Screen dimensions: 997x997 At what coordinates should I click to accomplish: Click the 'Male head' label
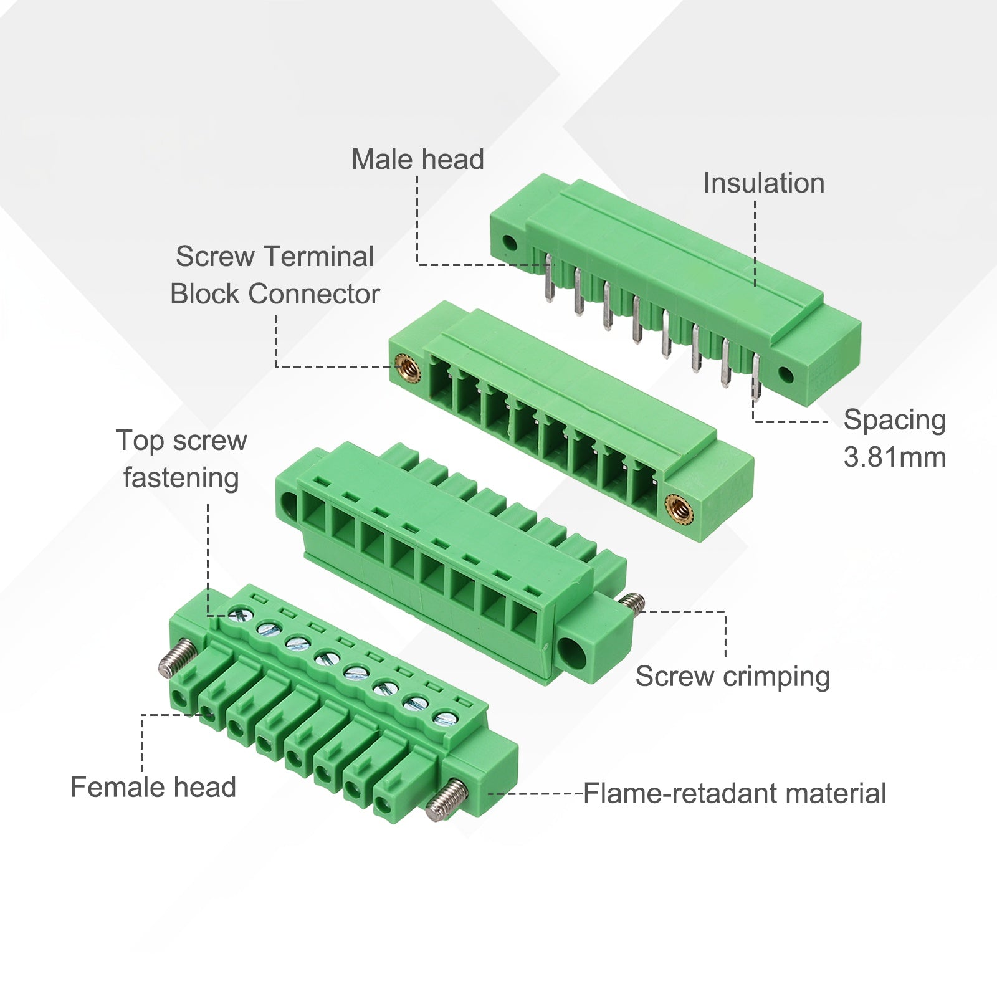(x=417, y=159)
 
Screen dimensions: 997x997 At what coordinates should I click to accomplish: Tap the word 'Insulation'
(x=764, y=183)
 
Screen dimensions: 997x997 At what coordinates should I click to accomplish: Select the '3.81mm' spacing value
(x=895, y=457)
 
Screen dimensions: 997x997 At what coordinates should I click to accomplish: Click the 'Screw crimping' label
(x=733, y=677)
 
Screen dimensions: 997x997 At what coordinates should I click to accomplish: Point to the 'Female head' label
(x=153, y=787)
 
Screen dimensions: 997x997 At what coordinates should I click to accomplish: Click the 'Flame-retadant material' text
(x=735, y=794)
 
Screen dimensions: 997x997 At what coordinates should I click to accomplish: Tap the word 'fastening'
(x=181, y=479)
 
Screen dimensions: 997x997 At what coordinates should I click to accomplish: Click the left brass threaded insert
(x=408, y=369)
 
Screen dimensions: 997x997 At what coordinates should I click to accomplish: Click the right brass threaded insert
(x=679, y=510)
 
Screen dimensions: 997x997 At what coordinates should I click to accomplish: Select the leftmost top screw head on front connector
(x=239, y=616)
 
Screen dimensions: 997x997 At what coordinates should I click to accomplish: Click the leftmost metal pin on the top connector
(x=549, y=277)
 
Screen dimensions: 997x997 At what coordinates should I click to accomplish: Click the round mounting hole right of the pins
(x=786, y=375)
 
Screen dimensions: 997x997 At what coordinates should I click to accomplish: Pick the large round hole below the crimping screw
(x=572, y=652)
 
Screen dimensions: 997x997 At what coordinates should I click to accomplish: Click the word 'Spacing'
(x=895, y=421)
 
